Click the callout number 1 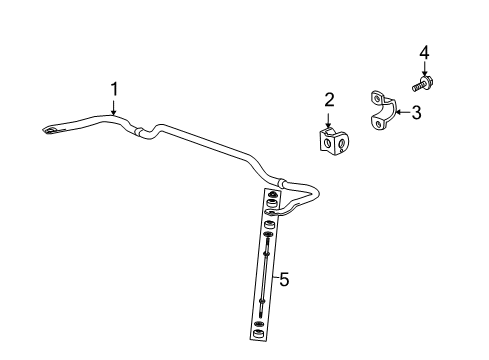click(x=114, y=90)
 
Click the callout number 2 click(x=328, y=100)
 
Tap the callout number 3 click(x=416, y=113)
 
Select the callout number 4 click(x=424, y=51)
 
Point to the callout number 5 click(x=284, y=281)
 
